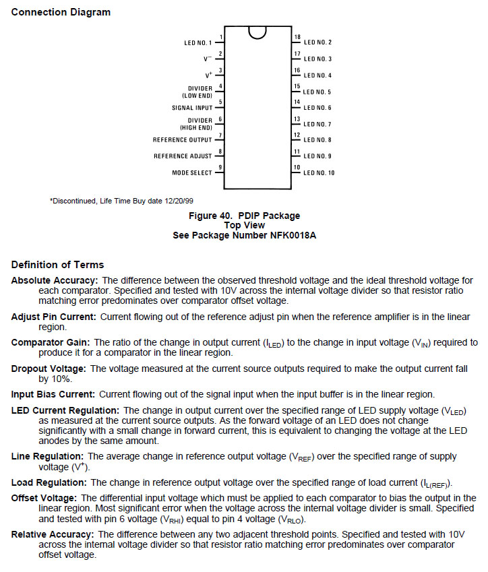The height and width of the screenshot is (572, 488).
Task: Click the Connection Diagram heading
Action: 61,12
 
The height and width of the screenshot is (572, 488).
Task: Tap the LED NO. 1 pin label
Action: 198,43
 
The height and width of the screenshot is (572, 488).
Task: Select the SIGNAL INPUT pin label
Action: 192,108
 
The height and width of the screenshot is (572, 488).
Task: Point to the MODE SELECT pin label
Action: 192,173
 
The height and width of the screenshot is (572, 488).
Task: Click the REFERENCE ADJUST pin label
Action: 183,156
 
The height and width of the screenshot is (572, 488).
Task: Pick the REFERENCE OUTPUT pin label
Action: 183,140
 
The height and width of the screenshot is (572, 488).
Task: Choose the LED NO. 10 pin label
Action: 319,173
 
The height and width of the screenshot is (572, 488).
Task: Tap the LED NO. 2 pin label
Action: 317,42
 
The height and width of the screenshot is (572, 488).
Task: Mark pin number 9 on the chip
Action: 220,167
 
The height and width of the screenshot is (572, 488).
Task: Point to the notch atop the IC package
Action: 257,32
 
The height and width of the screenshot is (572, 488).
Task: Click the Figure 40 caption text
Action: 243,216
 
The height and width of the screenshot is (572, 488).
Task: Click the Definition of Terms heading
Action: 57,265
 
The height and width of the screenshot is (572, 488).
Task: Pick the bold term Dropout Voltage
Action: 49,369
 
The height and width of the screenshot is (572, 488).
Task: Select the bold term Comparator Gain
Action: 51,342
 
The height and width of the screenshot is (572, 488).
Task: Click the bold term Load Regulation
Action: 49,482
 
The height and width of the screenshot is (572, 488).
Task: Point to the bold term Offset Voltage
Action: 44,498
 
